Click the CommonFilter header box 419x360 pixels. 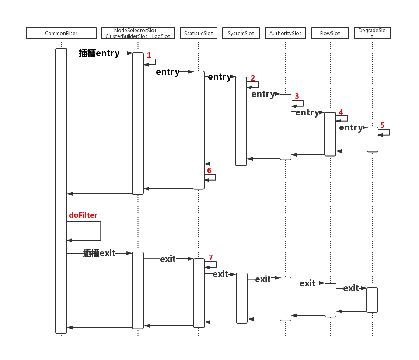point(61,33)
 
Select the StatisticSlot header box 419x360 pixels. point(199,33)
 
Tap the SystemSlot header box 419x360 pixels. point(241,33)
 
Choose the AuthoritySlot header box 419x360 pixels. point(285,33)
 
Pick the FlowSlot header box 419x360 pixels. point(330,33)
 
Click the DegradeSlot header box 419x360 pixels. point(372,33)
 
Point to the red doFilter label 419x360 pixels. point(83,215)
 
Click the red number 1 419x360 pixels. point(149,55)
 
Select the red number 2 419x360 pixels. point(253,78)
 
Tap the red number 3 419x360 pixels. point(297,96)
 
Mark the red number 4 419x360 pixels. point(341,112)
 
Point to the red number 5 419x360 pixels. point(383,125)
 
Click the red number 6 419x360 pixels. point(209,170)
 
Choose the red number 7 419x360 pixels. point(211,257)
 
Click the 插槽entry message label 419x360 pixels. point(99,53)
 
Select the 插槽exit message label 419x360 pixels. point(99,253)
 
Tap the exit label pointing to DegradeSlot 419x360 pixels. point(351,288)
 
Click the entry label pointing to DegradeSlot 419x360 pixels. point(351,127)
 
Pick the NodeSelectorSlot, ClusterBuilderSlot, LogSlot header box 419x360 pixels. point(138,33)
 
